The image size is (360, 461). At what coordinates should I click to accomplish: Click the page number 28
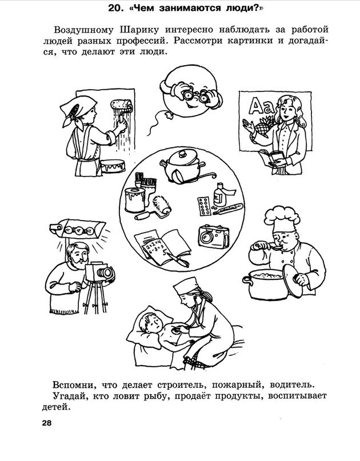click(47, 424)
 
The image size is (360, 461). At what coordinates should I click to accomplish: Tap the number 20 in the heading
click(114, 8)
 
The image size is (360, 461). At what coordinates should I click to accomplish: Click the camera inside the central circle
click(214, 236)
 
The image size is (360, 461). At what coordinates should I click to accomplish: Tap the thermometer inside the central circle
click(228, 209)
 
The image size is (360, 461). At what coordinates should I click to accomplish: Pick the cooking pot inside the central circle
click(185, 167)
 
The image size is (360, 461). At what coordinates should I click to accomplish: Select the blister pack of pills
click(205, 206)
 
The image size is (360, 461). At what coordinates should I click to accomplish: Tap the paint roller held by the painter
click(122, 109)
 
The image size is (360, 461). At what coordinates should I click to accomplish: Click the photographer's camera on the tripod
click(99, 272)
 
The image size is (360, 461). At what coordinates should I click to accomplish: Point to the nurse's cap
click(185, 286)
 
